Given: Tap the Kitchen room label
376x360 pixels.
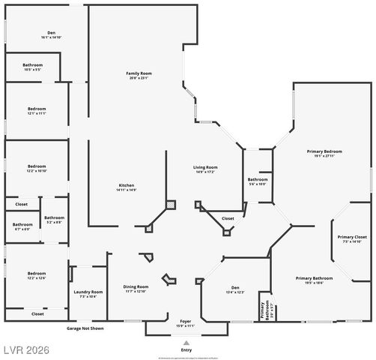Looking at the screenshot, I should [126, 187].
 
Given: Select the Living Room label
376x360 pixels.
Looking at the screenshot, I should [205, 169].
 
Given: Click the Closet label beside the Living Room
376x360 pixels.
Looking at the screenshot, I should [228, 218].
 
